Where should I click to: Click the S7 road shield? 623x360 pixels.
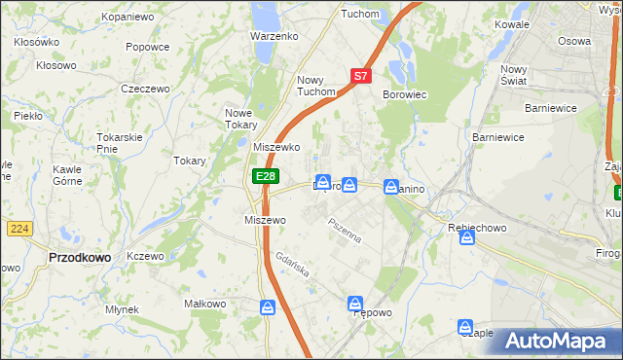360,75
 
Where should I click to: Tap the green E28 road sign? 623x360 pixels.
266,176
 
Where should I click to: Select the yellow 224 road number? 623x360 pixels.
18,228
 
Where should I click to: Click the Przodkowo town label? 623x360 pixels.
78,257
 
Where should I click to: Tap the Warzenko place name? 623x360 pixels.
274,36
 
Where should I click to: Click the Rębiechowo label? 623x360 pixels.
473,226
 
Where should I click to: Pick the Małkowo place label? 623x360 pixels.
204,304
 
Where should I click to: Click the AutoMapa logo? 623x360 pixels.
560,342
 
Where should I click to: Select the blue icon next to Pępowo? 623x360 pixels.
355,305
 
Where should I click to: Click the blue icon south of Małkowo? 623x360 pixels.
268,307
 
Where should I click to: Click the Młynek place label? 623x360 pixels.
123,309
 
